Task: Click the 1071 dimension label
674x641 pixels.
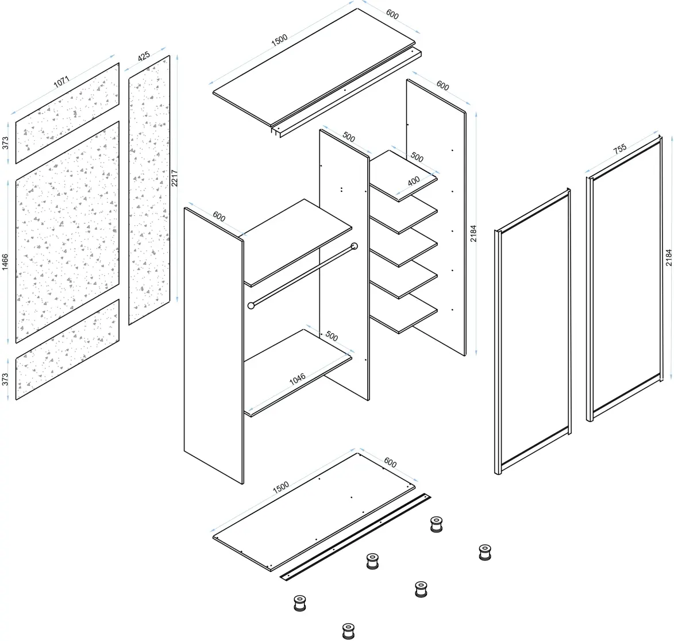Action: click(61, 82)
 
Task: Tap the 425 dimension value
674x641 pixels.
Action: click(144, 56)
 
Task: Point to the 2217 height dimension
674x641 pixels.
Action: click(174, 178)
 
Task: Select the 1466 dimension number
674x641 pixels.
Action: click(5, 262)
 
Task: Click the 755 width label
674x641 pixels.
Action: click(620, 149)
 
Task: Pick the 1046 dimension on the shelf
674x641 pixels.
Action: click(298, 379)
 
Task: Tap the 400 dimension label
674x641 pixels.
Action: click(414, 182)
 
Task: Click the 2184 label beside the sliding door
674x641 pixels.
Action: click(668, 258)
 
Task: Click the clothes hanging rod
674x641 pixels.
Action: click(303, 276)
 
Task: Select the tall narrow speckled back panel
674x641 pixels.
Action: click(149, 190)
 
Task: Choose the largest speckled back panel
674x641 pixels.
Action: click(67, 232)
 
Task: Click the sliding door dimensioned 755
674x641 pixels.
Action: click(623, 279)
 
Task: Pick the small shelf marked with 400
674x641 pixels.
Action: click(403, 176)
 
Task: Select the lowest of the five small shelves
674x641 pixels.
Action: click(403, 313)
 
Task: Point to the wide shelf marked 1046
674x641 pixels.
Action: click(298, 373)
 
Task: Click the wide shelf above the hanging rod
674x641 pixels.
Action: click(298, 243)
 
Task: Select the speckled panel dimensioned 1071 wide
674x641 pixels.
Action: click(67, 113)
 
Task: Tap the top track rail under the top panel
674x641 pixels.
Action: click(346, 93)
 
